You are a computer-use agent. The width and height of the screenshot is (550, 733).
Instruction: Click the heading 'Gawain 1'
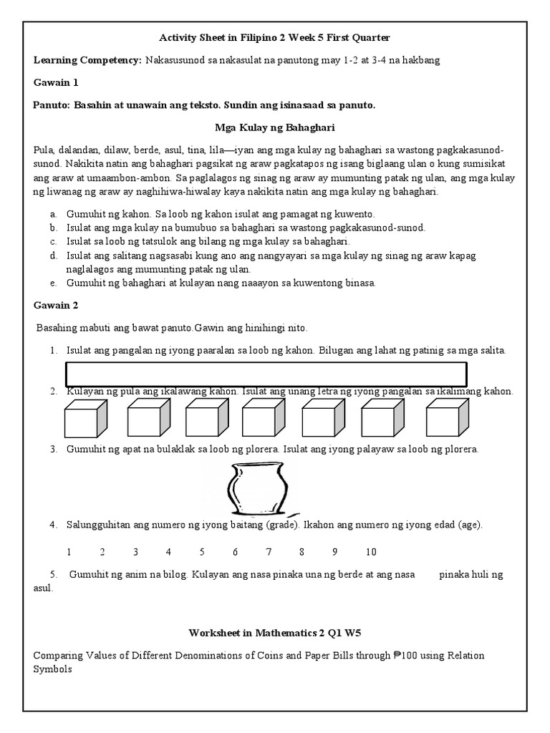click(55, 83)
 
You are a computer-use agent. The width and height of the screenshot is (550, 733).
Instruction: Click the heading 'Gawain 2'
click(55, 305)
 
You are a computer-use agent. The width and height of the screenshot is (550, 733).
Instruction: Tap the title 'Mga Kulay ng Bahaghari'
click(276, 127)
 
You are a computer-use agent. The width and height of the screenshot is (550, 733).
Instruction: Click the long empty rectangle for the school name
click(266, 374)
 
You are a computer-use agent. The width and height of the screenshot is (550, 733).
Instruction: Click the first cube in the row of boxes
click(85, 419)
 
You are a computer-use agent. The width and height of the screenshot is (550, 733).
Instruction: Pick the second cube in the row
click(148, 419)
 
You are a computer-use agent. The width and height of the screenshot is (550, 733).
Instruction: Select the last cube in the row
click(447, 419)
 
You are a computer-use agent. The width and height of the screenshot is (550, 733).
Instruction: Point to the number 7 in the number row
click(269, 552)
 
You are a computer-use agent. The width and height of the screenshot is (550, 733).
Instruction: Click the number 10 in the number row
click(371, 552)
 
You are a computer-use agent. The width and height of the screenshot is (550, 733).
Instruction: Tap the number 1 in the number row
click(69, 552)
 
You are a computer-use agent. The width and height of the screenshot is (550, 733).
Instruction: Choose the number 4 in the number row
click(168, 552)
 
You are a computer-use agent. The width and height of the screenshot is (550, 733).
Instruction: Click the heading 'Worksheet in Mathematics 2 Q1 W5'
click(275, 633)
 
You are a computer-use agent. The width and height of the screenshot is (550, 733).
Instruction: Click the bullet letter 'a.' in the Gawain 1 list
click(54, 215)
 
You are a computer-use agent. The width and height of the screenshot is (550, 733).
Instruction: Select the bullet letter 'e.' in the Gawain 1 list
click(54, 283)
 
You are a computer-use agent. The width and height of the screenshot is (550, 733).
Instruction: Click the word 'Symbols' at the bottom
click(53, 669)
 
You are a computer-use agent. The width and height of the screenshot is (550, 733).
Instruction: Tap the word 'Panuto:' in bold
click(52, 105)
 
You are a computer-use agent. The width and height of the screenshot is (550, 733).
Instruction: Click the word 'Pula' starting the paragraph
click(43, 151)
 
